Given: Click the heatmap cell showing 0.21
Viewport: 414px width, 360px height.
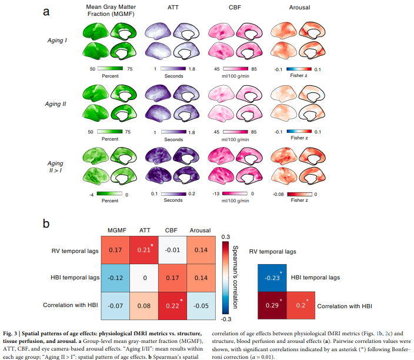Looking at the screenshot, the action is (x=144, y=250).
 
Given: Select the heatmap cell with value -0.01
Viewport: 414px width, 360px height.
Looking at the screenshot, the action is (x=172, y=250).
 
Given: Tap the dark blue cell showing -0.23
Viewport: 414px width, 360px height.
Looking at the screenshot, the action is (x=272, y=278).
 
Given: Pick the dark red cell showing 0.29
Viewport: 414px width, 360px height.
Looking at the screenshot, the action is (x=272, y=305).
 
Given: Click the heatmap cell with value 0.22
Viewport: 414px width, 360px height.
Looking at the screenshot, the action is (x=172, y=306).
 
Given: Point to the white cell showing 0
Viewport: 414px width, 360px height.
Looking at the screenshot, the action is (x=144, y=278).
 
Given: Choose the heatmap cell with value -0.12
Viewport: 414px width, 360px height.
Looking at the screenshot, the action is (x=115, y=278).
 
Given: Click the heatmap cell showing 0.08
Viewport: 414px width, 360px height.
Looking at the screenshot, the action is (x=144, y=306).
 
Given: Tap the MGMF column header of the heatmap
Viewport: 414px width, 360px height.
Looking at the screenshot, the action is (x=117, y=231).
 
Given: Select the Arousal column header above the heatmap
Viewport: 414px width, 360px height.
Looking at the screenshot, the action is (x=200, y=231).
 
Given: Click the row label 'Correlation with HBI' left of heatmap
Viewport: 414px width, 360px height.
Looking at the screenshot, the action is (x=71, y=305).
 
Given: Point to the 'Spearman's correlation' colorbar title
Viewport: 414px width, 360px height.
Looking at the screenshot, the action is (x=235, y=277).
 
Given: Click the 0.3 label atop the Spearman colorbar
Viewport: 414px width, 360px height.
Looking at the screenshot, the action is (x=226, y=237).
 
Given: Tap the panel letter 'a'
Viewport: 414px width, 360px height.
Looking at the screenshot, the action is (x=46, y=12).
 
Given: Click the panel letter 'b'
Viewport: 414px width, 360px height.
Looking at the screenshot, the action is (x=46, y=224).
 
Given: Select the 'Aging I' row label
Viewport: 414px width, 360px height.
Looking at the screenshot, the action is (x=57, y=41).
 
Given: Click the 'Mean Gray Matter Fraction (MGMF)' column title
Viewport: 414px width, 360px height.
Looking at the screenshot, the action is (x=111, y=11).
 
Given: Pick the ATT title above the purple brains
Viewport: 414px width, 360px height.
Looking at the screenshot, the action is (x=173, y=8).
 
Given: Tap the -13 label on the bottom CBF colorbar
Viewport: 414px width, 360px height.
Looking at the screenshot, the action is (x=216, y=194).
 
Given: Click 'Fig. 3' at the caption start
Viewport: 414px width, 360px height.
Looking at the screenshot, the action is (x=10, y=334).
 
